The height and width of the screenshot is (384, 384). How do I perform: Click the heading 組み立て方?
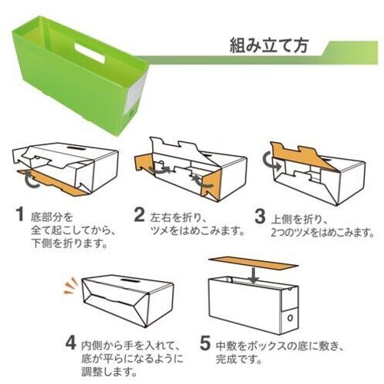point(269,45)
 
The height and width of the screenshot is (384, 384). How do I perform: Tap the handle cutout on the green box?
point(90,53)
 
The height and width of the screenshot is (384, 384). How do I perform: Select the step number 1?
point(20,214)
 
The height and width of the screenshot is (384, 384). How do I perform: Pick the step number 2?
point(140,215)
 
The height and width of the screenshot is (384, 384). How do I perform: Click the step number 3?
point(260,216)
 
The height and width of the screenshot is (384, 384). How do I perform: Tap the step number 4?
point(71,343)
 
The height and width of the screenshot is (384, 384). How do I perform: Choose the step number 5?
point(205,343)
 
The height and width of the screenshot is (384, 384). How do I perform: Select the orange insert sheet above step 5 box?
point(253,264)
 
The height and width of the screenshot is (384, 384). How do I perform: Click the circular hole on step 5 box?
point(290,318)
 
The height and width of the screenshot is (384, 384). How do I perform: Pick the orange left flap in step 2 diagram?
point(144,164)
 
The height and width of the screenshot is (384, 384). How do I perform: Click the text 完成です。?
point(239,359)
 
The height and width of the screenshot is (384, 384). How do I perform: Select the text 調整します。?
point(109,372)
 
